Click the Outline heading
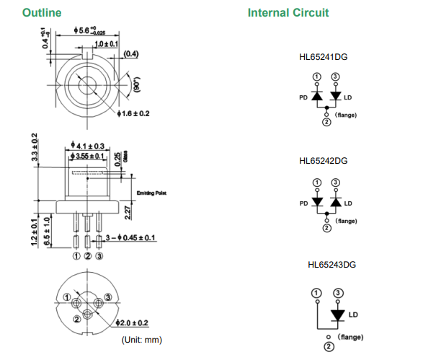pos(42,12)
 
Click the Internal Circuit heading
pos(288,12)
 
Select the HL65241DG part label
pos(324,57)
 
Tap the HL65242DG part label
pos(324,160)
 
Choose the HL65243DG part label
pos(332,264)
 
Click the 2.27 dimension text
pos(127,212)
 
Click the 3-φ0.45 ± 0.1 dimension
pos(128,237)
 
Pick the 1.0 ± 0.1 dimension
pos(106,45)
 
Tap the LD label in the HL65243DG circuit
pos(353,315)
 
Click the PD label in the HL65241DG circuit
pos(303,97)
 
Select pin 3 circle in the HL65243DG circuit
pos(337,293)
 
